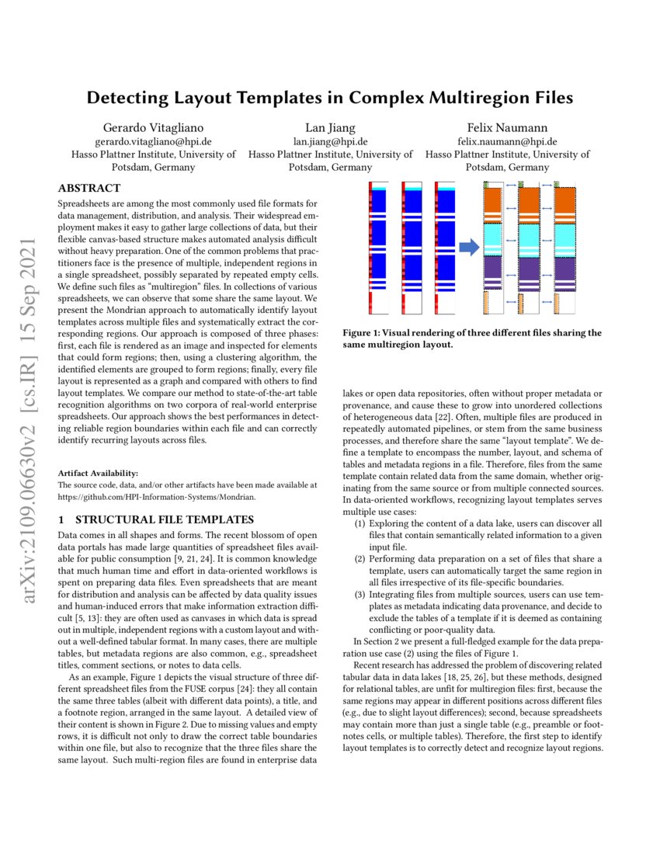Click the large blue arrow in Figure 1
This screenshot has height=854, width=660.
pos(469,247)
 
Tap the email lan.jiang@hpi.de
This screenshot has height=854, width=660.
pos(330,141)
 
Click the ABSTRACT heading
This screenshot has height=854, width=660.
pos(89,188)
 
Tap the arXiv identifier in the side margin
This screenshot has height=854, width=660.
pos(30,423)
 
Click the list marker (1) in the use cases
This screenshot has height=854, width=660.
pos(360,524)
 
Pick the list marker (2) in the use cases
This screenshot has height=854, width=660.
pos(360,558)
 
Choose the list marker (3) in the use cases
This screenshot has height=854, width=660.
pos(360,594)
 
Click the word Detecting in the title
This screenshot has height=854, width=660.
pos(126,98)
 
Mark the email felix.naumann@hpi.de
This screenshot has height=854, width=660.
pos(507,141)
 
